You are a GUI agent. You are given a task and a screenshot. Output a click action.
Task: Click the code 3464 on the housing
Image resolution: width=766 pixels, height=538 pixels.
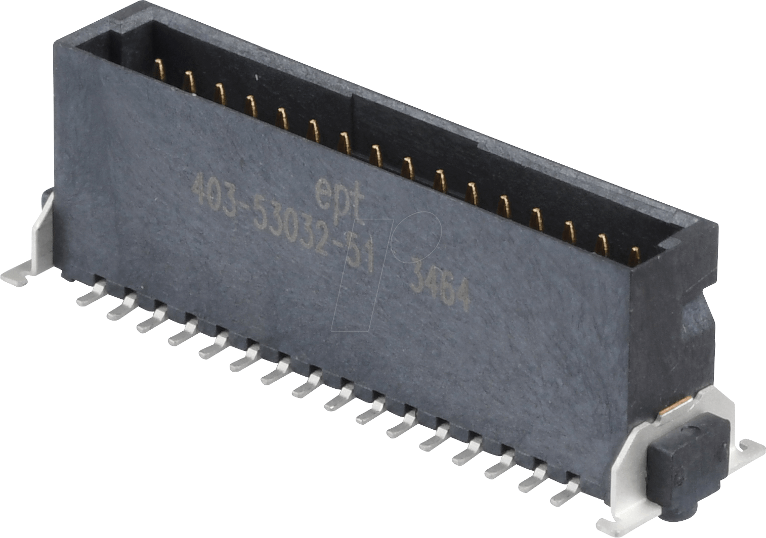pyautogui.click(x=439, y=290)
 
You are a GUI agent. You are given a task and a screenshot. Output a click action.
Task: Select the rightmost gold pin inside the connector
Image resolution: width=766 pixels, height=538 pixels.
pyautogui.click(x=634, y=255)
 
